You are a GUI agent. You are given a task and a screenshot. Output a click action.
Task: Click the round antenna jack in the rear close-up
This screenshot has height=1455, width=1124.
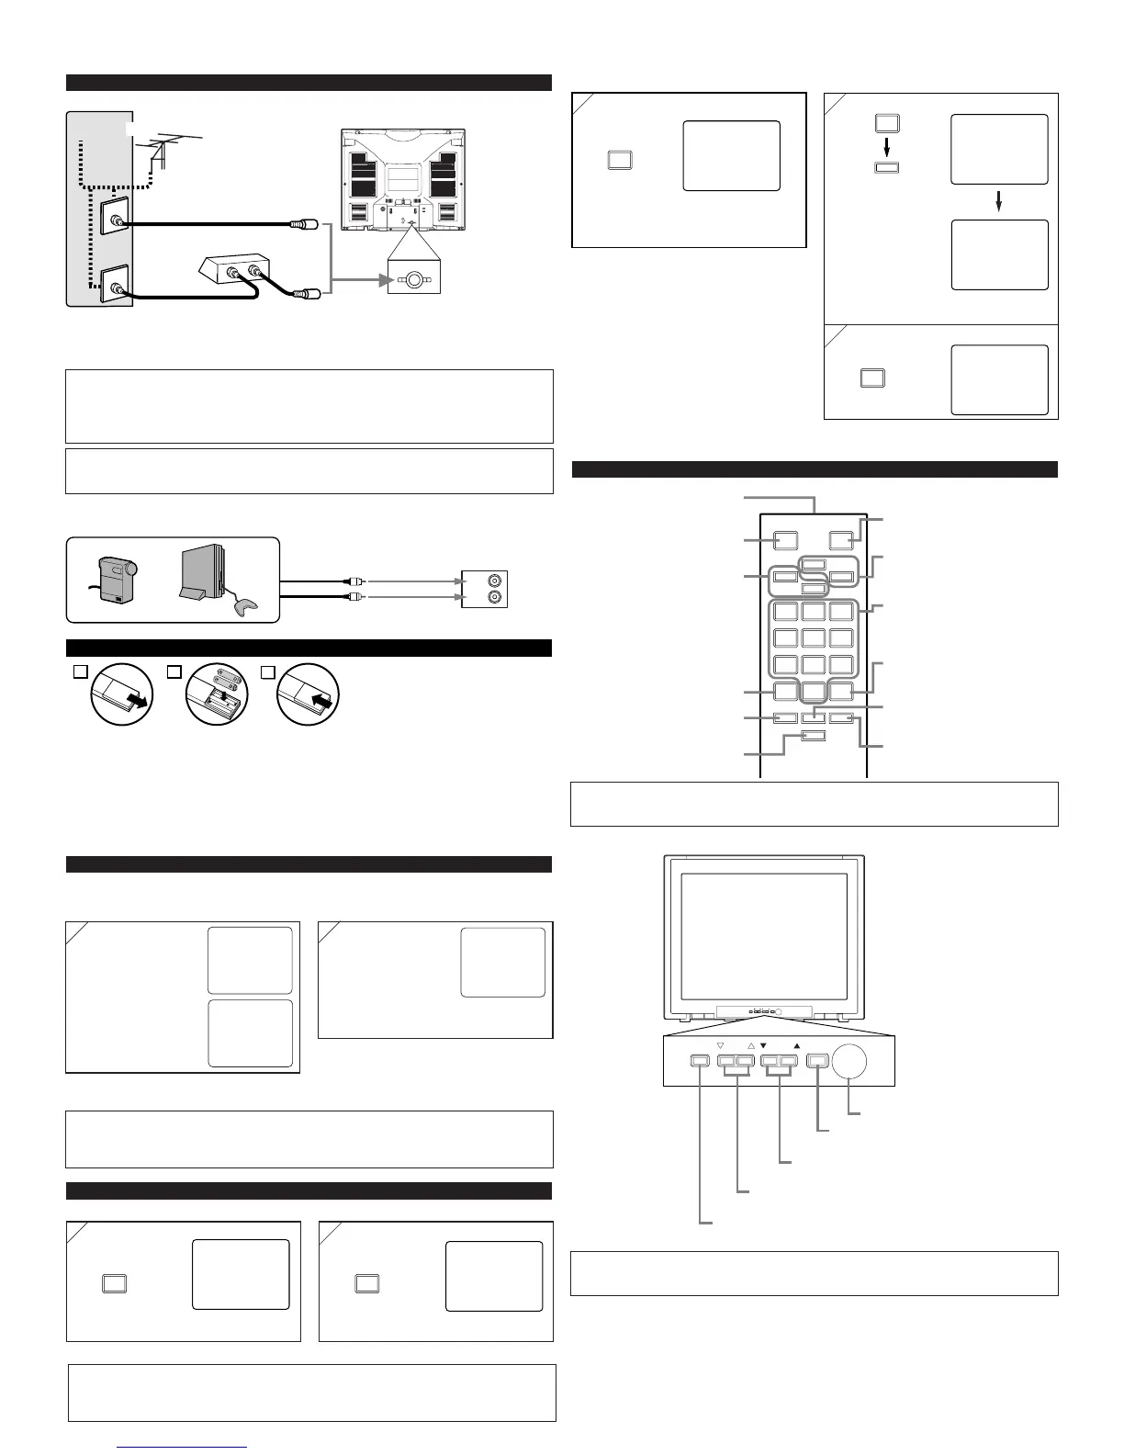(x=414, y=279)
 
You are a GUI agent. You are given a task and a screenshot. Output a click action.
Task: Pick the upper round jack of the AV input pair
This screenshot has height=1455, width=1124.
(x=497, y=581)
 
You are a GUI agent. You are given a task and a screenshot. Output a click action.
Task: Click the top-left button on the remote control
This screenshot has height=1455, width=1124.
(x=784, y=541)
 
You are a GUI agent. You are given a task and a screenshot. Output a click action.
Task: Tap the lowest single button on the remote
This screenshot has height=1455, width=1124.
(x=813, y=735)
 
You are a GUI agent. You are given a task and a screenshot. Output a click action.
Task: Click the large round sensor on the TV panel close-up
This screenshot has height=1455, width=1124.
(x=851, y=1062)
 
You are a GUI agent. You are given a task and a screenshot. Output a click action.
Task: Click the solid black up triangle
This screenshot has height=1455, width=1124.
(x=797, y=1045)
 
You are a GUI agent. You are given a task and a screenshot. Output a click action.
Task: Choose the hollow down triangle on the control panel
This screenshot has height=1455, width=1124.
(x=720, y=1045)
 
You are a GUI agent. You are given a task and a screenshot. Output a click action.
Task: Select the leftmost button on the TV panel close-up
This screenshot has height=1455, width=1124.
(x=699, y=1062)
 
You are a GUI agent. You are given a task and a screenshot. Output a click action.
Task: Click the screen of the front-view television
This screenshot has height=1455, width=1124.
(x=764, y=936)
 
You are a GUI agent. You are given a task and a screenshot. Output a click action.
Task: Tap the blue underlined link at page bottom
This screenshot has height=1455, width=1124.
(x=183, y=1447)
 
